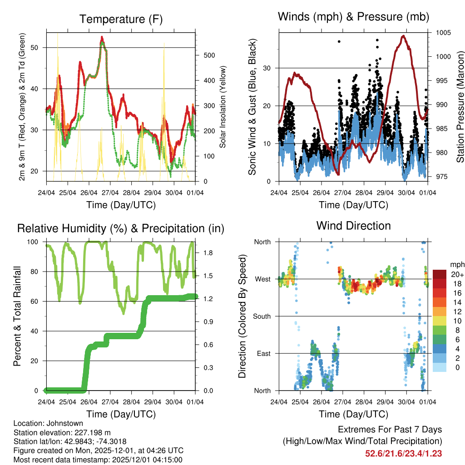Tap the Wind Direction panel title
(x=353, y=226)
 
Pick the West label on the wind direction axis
(x=262, y=279)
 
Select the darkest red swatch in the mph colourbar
(x=439, y=274)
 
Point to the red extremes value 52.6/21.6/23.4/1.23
(x=403, y=453)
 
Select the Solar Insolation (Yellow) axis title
(x=223, y=107)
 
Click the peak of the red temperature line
(x=102, y=37)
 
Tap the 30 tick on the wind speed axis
(x=268, y=68)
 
